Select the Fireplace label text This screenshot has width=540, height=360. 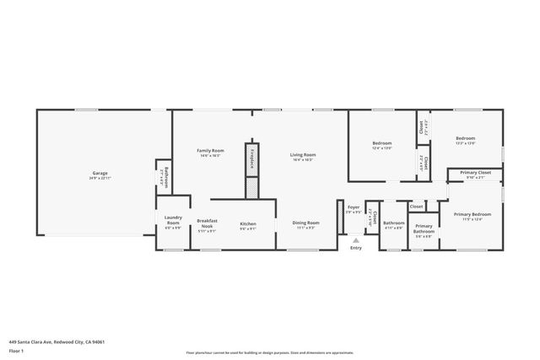251,158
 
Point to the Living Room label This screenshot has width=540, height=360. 303,155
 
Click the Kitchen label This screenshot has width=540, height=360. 248,223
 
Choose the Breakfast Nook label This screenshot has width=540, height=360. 207,223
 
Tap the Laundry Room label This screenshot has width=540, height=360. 172,223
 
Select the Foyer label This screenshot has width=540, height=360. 354,207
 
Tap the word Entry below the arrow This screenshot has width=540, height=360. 356,248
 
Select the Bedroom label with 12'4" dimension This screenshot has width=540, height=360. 382,143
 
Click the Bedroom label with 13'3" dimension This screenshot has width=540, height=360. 466,138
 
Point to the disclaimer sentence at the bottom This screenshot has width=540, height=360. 269,352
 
